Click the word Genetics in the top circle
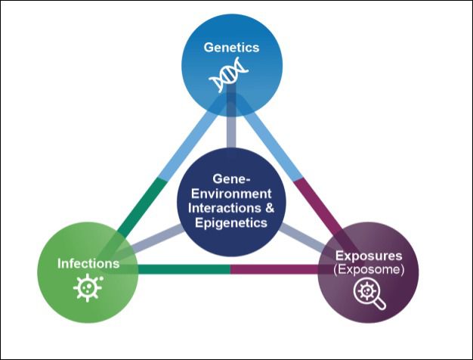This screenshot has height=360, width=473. [231, 47]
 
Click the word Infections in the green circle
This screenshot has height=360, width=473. [88, 263]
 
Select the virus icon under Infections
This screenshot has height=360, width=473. [88, 288]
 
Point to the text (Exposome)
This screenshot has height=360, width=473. [369, 269]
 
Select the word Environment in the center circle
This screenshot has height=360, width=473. [230, 195]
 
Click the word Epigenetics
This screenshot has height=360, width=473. [230, 223]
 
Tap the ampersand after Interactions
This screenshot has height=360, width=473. [273, 209]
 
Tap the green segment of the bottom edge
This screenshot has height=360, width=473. [181, 268]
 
